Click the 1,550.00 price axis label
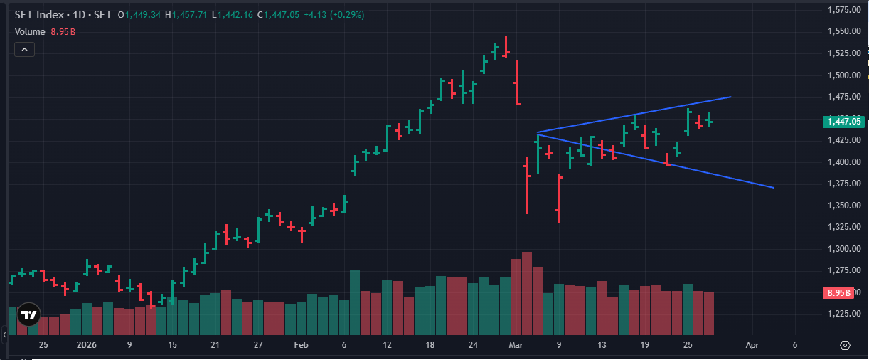tap(844, 31)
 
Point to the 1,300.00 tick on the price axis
tap(844, 249)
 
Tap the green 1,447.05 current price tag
tap(844, 122)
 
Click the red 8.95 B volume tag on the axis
tap(838, 292)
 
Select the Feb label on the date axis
tap(301, 345)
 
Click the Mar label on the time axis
tap(516, 345)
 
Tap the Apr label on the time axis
tap(752, 345)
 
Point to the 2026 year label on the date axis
tap(86, 345)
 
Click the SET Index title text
tap(39, 15)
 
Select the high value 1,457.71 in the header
tap(189, 15)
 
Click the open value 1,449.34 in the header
tap(143, 15)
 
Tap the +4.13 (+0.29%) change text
tap(334, 15)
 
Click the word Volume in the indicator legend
tap(30, 32)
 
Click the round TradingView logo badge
tap(28, 314)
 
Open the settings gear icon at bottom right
tap(845, 345)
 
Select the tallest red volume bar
tap(527, 293)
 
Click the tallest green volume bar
tap(355, 302)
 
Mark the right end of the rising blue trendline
tap(731, 97)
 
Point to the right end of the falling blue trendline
tap(774, 188)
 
